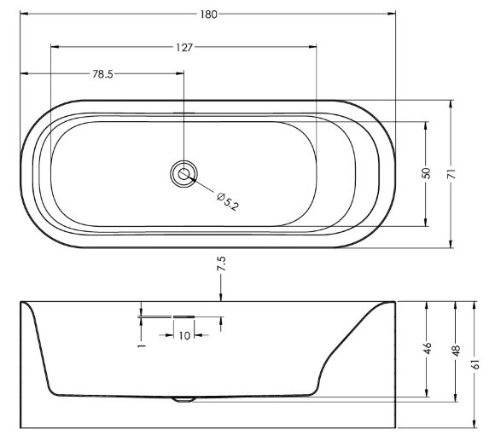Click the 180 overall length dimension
(x=209, y=15)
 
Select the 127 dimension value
(x=184, y=47)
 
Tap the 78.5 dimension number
(x=102, y=74)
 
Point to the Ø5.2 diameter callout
(x=228, y=201)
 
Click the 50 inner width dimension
(x=426, y=173)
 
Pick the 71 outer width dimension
(x=451, y=174)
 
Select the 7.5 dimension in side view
(x=221, y=264)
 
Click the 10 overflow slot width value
(x=184, y=335)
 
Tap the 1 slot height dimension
(x=142, y=346)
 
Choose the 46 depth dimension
(x=427, y=348)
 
